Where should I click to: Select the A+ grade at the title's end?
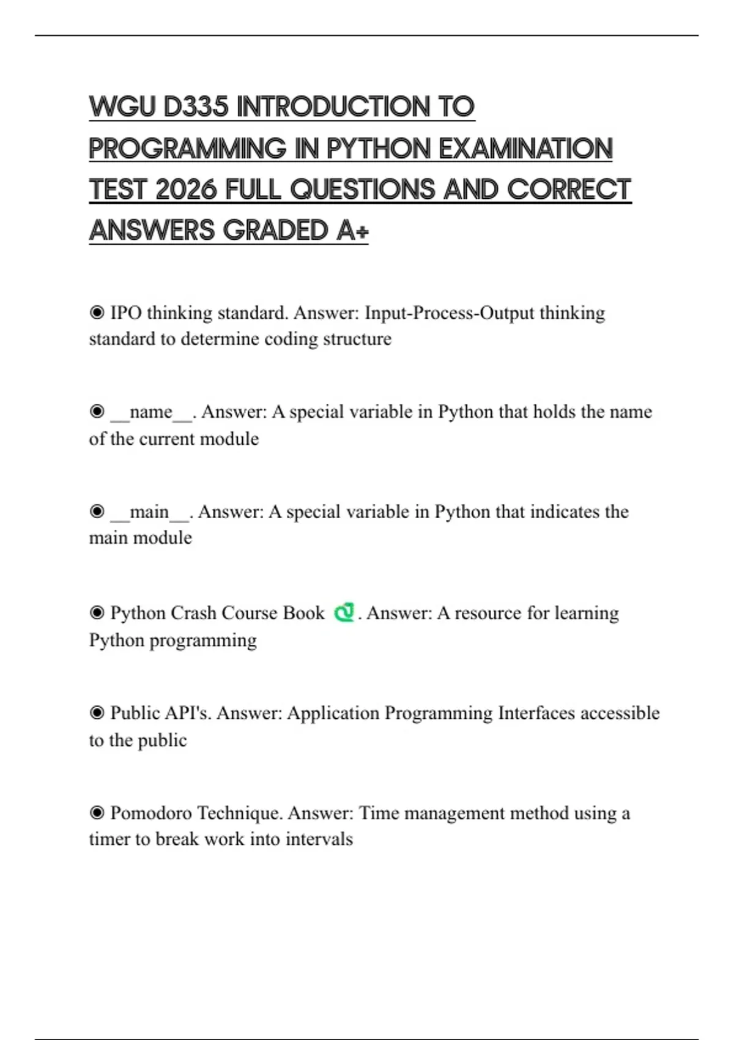(352, 231)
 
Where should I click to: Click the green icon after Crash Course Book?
(344, 612)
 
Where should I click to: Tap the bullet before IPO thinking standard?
(97, 313)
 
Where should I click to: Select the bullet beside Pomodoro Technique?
(97, 813)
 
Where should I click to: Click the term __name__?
(151, 412)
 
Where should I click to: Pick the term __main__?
(150, 512)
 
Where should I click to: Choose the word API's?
(186, 713)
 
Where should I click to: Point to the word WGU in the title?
(122, 107)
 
